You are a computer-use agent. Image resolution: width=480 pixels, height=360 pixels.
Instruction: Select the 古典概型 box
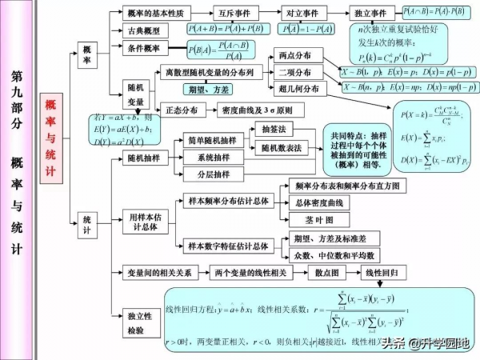point(143,30)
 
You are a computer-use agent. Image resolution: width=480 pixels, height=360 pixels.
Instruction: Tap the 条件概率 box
point(143,48)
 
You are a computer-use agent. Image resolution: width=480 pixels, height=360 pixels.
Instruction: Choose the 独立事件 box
point(372,14)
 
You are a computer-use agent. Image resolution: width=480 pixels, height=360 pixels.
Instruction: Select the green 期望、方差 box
point(206,88)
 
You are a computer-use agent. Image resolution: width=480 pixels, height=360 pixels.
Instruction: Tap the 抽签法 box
point(280,128)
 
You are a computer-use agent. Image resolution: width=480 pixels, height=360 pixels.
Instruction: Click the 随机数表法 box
point(282,148)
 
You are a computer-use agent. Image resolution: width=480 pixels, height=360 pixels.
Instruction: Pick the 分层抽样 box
point(214,174)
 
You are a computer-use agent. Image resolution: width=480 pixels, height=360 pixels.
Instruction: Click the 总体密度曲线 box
point(318,202)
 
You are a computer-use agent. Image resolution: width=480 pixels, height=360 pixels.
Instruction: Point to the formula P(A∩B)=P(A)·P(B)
point(434,12)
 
